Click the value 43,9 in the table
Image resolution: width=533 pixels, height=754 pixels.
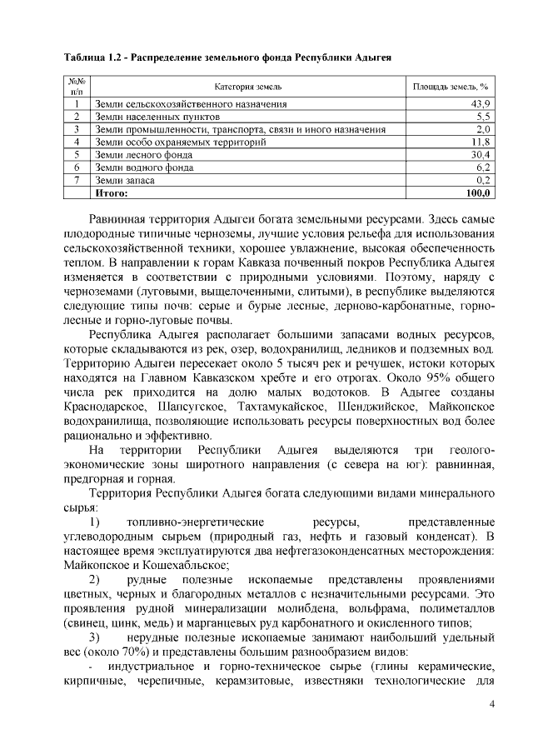coord(481,104)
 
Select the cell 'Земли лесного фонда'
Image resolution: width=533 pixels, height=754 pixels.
coord(145,154)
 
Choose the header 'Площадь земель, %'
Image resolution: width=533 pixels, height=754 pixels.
coord(450,86)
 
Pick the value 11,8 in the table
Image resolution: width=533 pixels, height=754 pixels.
coord(481,142)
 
